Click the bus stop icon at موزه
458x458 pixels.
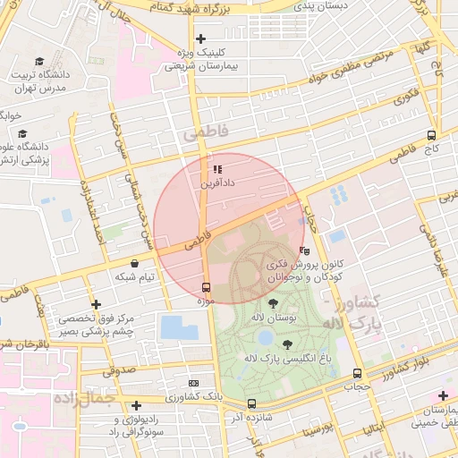[x=207, y=287]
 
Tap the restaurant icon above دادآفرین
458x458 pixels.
[x=216, y=168]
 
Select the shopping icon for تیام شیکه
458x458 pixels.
[x=134, y=263]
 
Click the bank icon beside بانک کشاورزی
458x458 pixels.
[x=193, y=383]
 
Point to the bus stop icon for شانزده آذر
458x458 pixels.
[x=251, y=403]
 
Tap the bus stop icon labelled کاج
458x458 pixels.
[x=432, y=135]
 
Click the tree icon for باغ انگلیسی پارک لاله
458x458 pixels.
[x=286, y=343]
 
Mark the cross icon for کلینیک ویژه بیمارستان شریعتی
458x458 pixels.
[x=201, y=38]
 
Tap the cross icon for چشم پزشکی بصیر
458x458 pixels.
[x=96, y=305]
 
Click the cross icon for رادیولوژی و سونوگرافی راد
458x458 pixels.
[x=136, y=406]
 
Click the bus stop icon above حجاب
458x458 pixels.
[x=358, y=373]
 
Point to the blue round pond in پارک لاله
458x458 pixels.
[x=266, y=338]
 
